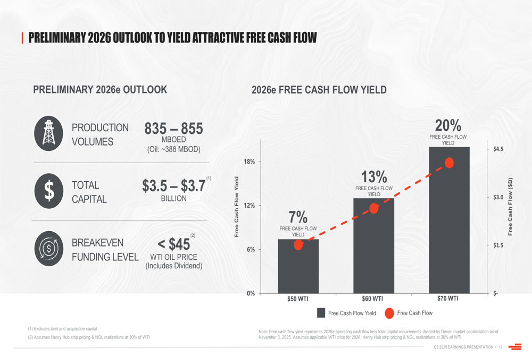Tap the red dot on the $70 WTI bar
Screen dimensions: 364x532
[449, 163]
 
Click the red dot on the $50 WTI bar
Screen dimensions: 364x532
[298, 245]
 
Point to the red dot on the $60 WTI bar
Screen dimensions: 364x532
[374, 208]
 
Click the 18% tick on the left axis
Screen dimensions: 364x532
[249, 162]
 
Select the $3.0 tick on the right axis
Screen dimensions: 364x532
[498, 197]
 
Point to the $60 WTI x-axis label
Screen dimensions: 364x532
[372, 299]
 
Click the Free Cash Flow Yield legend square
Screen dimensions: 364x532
[321, 313]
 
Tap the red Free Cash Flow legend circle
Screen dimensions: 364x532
[389, 313]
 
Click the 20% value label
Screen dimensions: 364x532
[448, 125]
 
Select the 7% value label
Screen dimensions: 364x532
[298, 217]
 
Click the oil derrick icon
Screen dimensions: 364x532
[49, 133]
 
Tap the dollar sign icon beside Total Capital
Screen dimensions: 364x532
[49, 191]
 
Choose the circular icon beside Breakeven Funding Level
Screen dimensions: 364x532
[49, 249]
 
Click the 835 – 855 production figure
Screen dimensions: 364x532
[173, 129]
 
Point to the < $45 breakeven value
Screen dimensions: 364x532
[173, 244]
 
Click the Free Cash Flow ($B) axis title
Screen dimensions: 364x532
[510, 206]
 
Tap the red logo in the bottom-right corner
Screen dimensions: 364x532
[515, 347]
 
